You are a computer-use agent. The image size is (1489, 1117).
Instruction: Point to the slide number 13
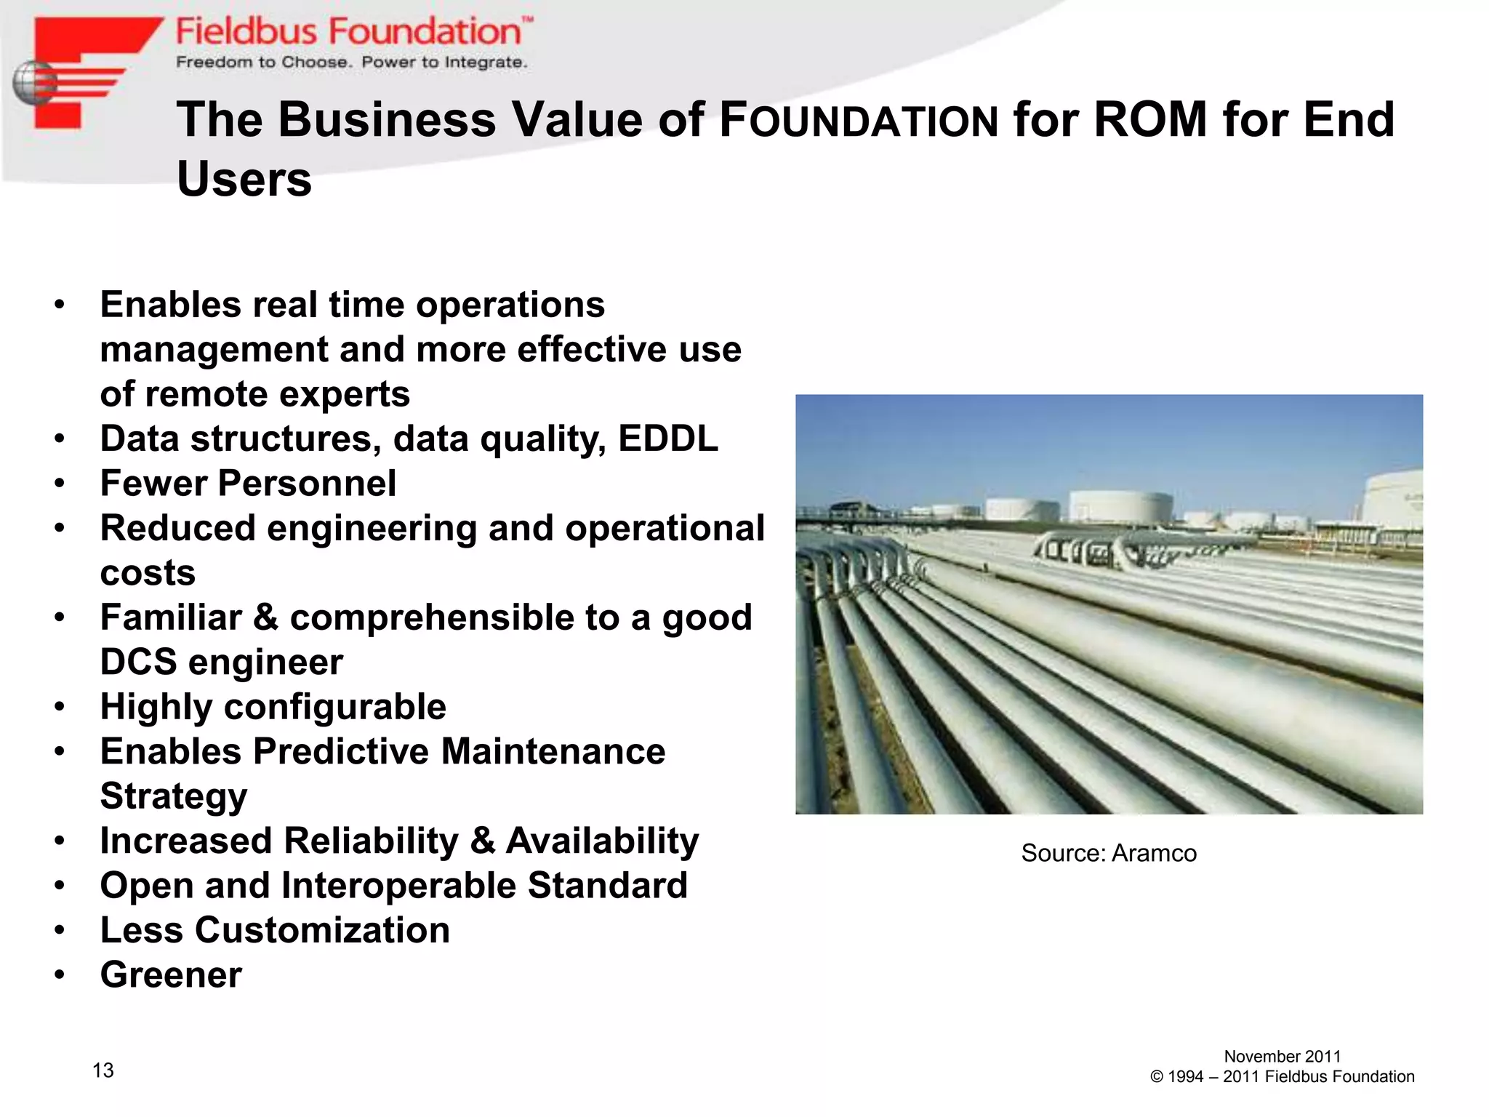[103, 1070]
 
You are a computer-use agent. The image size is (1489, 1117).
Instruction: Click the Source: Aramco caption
[1109, 853]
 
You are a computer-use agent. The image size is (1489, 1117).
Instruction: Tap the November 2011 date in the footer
[1283, 1057]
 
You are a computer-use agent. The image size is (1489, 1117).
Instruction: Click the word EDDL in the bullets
[668, 439]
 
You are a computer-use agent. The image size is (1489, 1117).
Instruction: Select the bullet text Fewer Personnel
[249, 484]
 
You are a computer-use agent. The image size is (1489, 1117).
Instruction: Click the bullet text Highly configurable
[273, 707]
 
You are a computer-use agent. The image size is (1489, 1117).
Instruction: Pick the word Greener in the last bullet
[171, 975]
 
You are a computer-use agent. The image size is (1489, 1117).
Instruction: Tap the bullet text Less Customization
[275, 930]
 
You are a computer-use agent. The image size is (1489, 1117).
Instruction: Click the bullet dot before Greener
[60, 975]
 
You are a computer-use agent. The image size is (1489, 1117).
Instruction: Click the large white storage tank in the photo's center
[1120, 507]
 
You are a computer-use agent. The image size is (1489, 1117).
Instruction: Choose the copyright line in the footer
[1283, 1077]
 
